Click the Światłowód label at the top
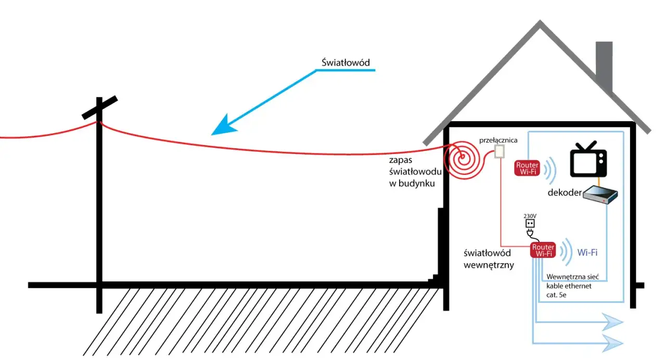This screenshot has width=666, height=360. pos(345,63)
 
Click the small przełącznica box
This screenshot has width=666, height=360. pos(499,151)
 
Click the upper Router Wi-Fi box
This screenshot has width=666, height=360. pos(527,168)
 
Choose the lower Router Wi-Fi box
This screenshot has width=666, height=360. pos(543,250)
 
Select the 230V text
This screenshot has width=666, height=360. pos(530,215)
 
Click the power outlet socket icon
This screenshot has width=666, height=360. pos(530,224)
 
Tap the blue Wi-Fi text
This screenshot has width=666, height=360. pos(587,252)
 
